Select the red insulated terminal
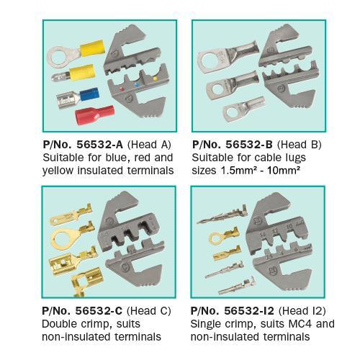(94, 116)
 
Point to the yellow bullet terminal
(73, 73)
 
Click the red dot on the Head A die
(122, 89)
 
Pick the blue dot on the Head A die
(137, 84)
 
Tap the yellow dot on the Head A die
(155, 78)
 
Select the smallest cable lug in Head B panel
(243, 109)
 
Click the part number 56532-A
(99, 145)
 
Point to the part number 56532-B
(249, 145)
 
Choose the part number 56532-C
(99, 311)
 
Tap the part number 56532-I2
(249, 311)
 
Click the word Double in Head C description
(59, 324)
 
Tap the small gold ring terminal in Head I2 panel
(225, 236)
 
